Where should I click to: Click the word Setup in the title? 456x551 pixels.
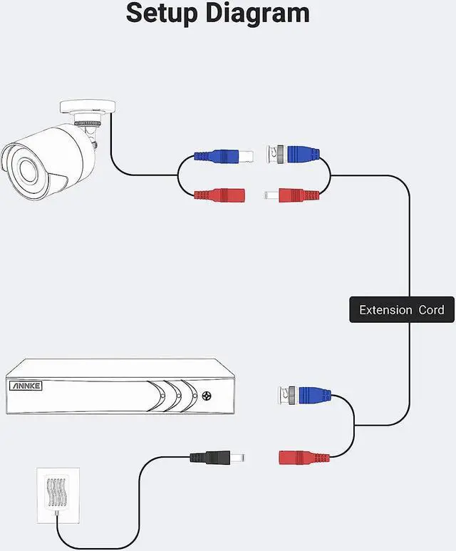(162, 14)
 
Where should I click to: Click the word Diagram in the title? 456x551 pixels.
(257, 14)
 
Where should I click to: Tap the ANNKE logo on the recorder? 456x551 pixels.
(26, 386)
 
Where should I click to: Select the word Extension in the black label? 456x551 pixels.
(385, 310)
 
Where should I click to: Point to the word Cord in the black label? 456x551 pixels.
(431, 310)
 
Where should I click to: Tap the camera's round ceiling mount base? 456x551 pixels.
(88, 107)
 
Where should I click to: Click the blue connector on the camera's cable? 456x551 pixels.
(224, 156)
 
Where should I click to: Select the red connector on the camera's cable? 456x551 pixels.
(219, 195)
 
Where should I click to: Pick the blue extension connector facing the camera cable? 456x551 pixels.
(293, 154)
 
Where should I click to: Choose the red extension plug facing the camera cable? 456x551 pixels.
(291, 195)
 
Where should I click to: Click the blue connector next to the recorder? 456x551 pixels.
(304, 395)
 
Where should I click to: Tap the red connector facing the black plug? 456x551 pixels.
(304, 458)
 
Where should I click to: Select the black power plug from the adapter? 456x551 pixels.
(217, 458)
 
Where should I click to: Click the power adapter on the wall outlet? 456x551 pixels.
(56, 492)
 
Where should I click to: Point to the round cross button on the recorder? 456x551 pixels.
(207, 396)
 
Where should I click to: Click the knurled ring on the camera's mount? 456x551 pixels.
(88, 123)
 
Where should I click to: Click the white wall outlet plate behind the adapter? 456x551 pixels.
(58, 495)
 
